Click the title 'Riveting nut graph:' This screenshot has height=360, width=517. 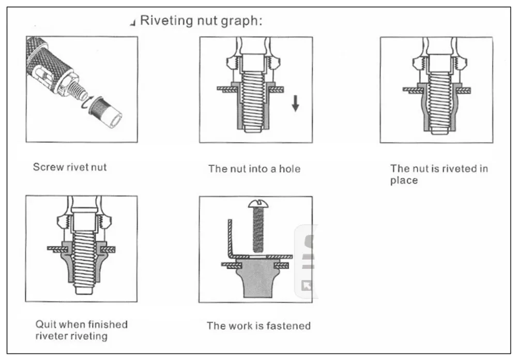click(202, 21)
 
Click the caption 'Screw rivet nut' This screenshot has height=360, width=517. click(70, 167)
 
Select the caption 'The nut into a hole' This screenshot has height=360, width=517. click(254, 169)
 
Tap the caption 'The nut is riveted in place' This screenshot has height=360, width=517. click(439, 174)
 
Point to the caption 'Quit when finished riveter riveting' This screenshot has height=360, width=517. click(81, 330)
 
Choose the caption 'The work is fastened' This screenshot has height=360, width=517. click(258, 326)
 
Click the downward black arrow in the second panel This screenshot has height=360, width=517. click(295, 103)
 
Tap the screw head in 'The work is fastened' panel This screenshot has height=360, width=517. click(258, 203)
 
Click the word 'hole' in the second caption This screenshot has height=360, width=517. click(290, 169)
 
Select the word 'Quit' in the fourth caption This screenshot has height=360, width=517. click(45, 324)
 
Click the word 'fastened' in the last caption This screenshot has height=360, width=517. click(290, 326)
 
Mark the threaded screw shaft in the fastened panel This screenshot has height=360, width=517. click(258, 230)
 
